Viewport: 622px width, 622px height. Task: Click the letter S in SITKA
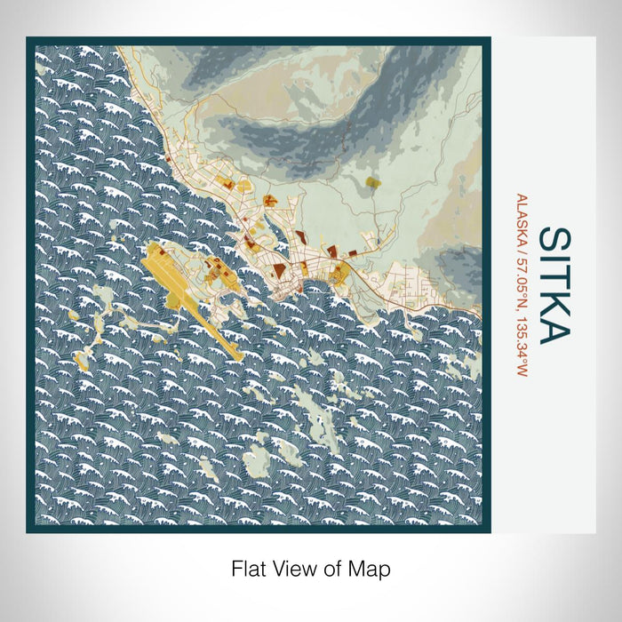(x=554, y=242)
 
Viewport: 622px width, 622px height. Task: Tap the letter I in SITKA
(x=554, y=262)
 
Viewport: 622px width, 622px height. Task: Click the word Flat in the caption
(x=249, y=568)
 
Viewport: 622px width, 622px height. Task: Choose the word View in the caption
(x=295, y=568)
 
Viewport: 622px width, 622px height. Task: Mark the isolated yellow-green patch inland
(x=372, y=183)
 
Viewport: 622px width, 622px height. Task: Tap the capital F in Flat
(x=237, y=568)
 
